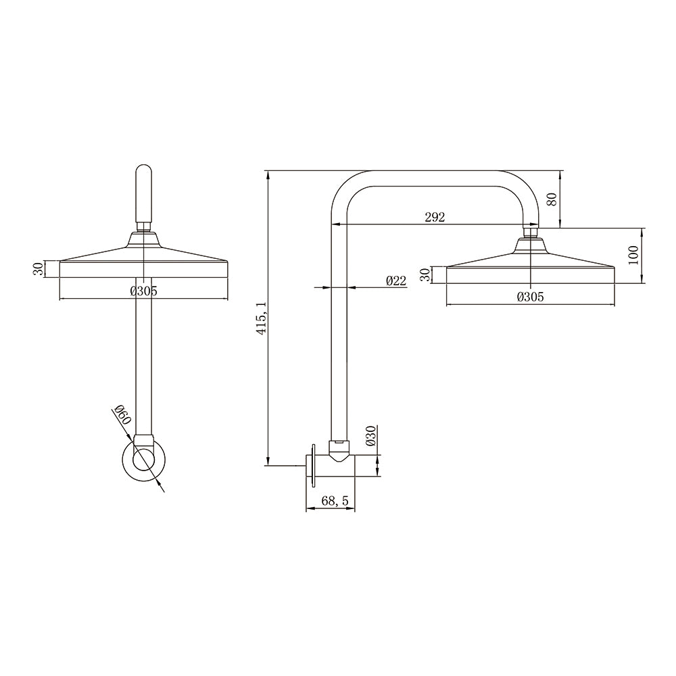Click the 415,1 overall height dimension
click(x=262, y=317)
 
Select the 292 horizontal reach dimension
click(x=435, y=217)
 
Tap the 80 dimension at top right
click(x=552, y=199)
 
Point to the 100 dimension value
click(x=633, y=256)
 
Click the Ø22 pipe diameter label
click(x=395, y=281)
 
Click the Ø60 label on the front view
click(x=122, y=414)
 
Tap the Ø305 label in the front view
click(x=143, y=291)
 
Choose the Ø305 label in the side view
click(x=530, y=297)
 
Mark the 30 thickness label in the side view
click(x=425, y=275)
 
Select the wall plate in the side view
click(x=313, y=465)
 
